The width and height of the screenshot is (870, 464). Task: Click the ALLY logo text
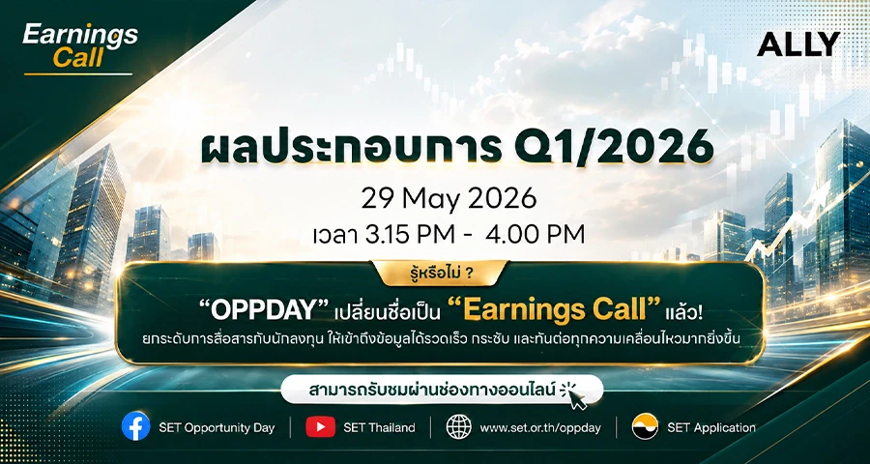click(x=797, y=44)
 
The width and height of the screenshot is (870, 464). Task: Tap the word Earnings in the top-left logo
click(x=80, y=36)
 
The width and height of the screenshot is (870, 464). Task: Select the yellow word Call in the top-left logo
click(x=77, y=59)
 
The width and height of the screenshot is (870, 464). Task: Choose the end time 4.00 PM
click(x=535, y=234)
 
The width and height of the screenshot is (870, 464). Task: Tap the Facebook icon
click(x=136, y=427)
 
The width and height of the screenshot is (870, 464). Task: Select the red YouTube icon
click(x=320, y=427)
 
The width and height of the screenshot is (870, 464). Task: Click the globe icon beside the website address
click(x=459, y=427)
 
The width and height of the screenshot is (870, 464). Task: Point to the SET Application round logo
click(x=645, y=427)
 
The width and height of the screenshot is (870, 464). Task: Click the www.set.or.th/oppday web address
click(x=540, y=428)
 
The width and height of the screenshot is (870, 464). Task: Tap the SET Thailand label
click(x=379, y=427)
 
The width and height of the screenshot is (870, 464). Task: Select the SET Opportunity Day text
click(x=217, y=428)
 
